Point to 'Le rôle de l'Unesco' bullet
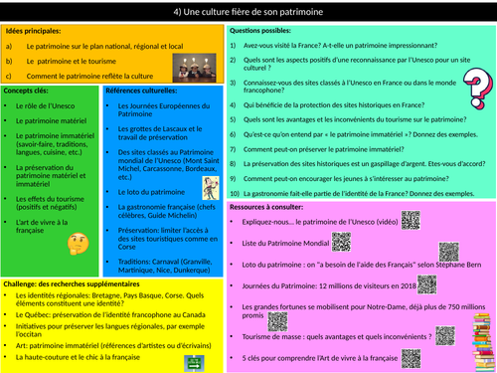(49, 105)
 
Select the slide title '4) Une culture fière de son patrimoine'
(248, 12)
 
